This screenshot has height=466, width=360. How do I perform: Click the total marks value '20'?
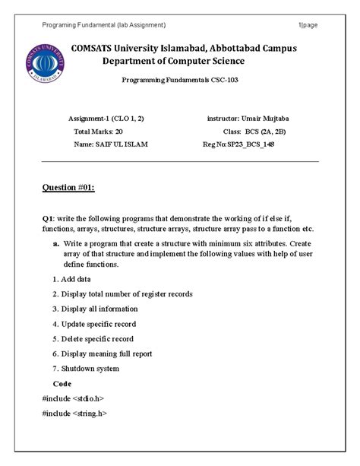coord(118,131)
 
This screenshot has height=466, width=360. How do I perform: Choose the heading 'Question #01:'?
coord(68,188)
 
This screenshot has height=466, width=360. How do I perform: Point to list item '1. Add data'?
coord(75,279)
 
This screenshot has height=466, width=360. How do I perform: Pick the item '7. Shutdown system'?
coord(86,368)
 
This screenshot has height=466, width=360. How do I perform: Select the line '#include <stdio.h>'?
coord(74,398)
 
